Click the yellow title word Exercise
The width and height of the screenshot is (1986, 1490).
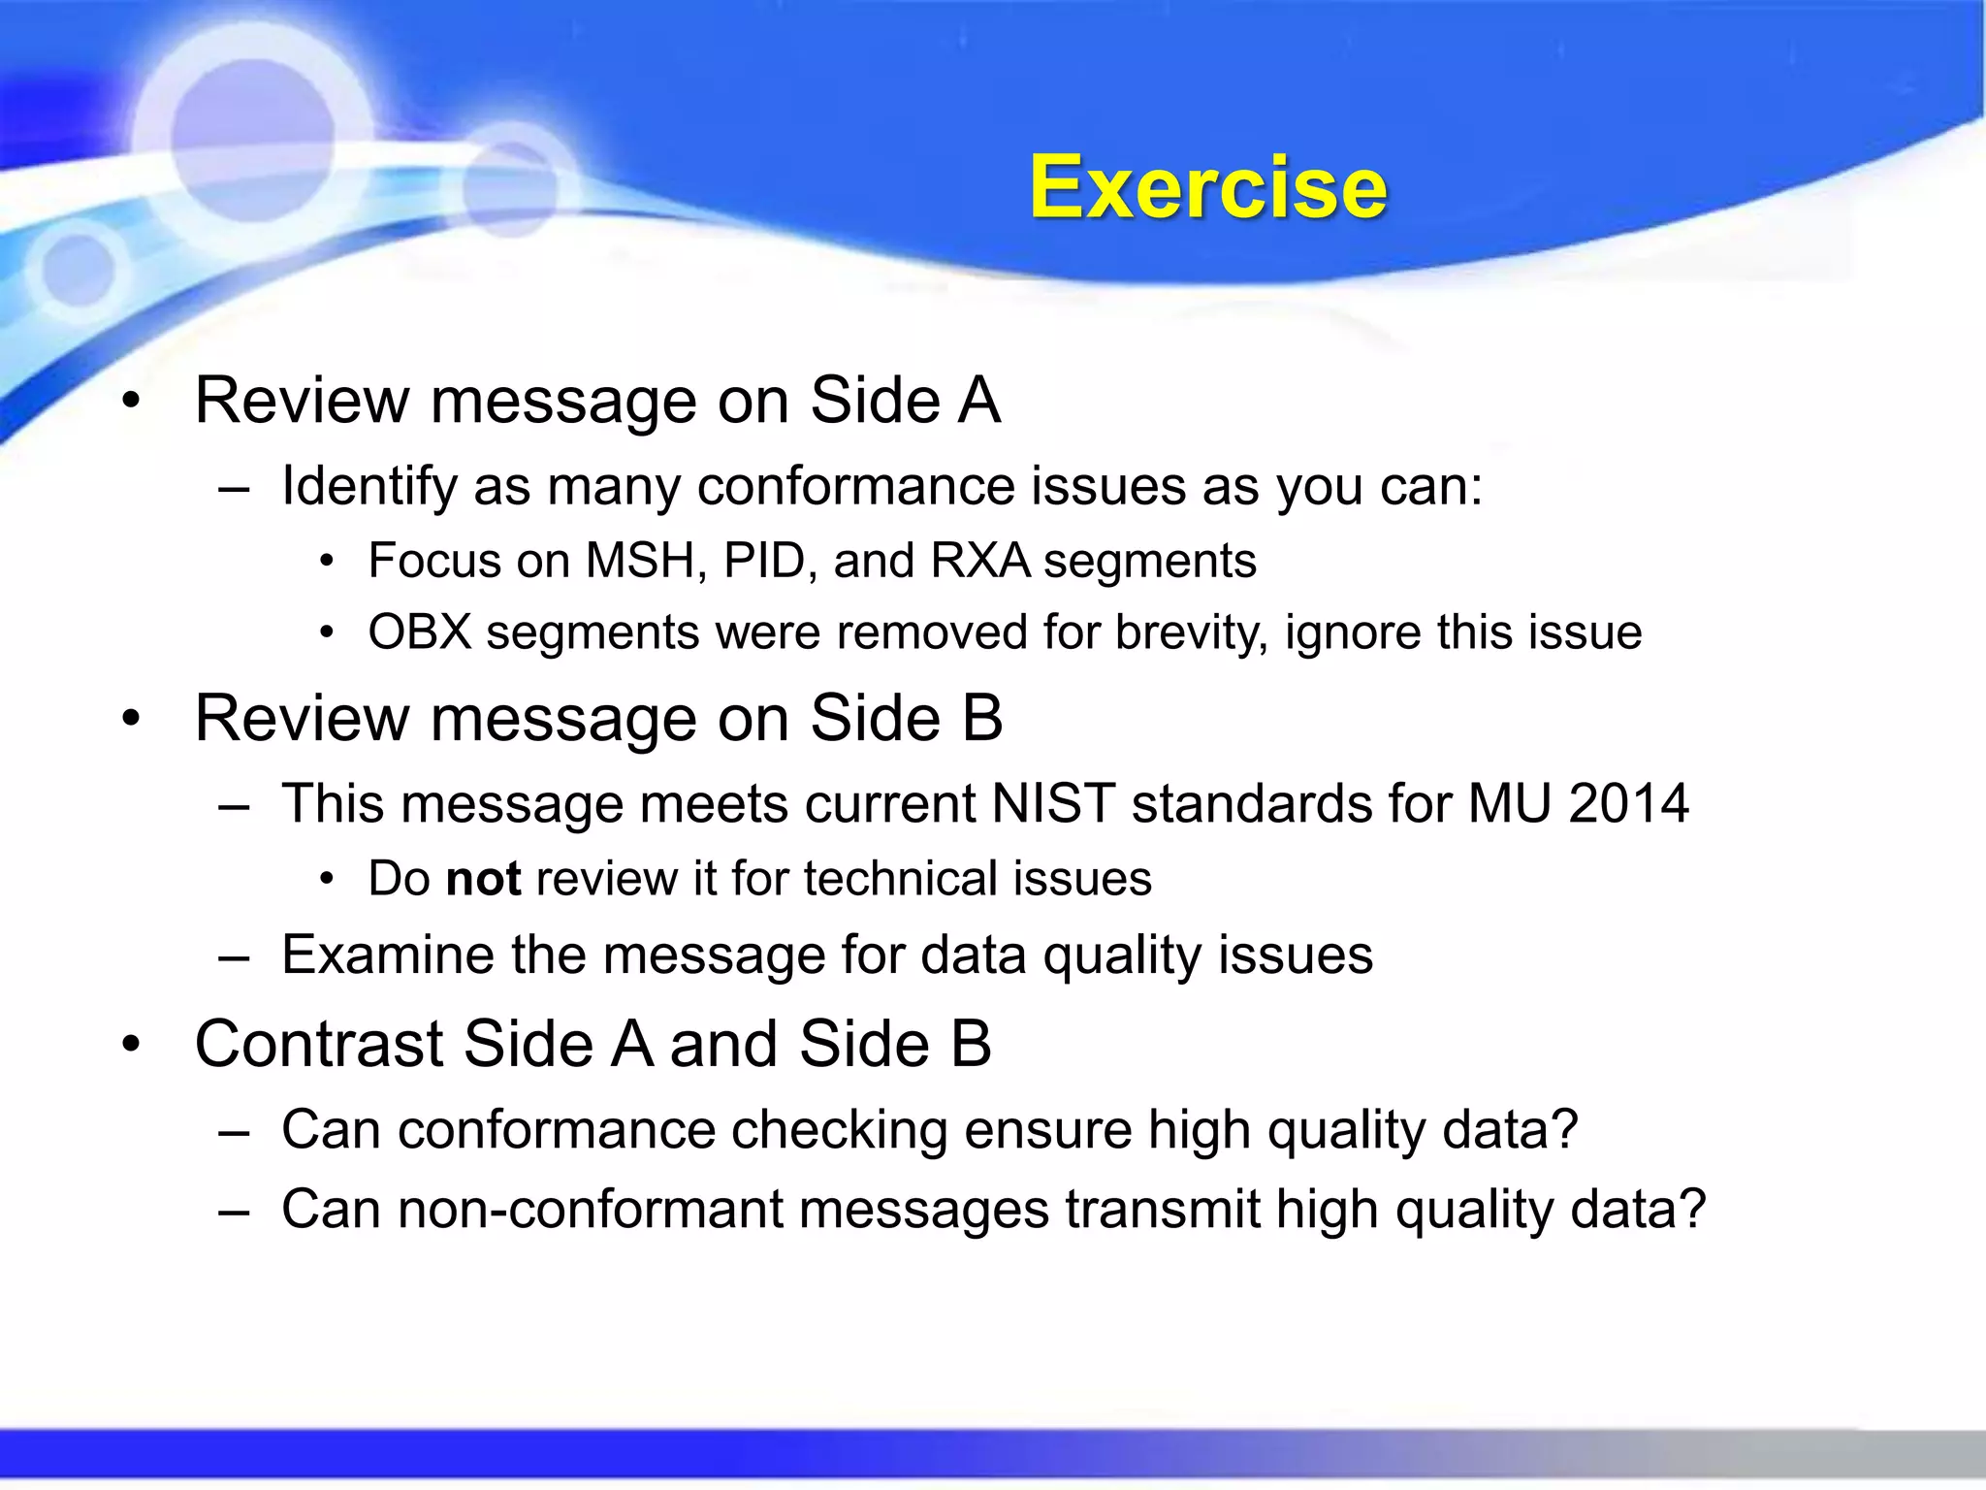(x=1207, y=187)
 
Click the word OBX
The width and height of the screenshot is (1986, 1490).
(x=419, y=632)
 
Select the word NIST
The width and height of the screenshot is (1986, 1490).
(x=1053, y=804)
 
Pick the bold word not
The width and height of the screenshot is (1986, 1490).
(x=483, y=879)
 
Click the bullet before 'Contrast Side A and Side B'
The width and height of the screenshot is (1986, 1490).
(x=132, y=1046)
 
